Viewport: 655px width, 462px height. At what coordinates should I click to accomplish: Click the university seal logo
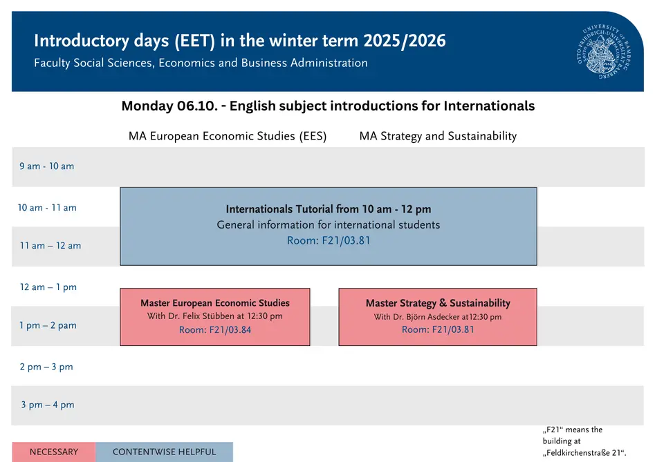pyautogui.click(x=605, y=51)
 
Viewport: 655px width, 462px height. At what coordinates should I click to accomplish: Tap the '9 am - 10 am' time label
pyautogui.click(x=47, y=166)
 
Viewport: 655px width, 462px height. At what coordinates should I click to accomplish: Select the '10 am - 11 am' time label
pyautogui.click(x=47, y=208)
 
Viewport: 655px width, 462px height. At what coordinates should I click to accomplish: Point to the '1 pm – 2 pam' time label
pyautogui.click(x=48, y=325)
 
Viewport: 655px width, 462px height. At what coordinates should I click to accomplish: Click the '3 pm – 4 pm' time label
pyautogui.click(x=48, y=405)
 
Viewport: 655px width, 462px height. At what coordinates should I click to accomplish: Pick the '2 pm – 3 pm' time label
pyautogui.click(x=46, y=367)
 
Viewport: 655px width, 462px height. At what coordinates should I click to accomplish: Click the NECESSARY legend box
pyautogui.click(x=54, y=452)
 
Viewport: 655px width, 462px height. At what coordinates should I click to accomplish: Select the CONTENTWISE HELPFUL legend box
pyautogui.click(x=164, y=452)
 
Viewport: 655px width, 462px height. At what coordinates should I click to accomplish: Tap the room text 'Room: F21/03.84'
pyautogui.click(x=215, y=330)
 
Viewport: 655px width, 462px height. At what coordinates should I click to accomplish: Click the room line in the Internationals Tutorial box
pyautogui.click(x=329, y=240)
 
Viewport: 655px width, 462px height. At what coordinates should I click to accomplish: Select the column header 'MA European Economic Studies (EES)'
pyautogui.click(x=228, y=136)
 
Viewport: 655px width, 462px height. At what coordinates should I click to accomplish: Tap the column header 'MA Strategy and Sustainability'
pyautogui.click(x=439, y=136)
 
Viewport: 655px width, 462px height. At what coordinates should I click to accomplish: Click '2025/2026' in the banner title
pyautogui.click(x=405, y=41)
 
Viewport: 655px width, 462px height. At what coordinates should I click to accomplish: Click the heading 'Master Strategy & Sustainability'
pyautogui.click(x=438, y=303)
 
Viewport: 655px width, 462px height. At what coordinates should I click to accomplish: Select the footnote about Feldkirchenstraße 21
pyautogui.click(x=584, y=441)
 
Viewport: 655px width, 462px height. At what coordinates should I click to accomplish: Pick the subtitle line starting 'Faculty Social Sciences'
pyautogui.click(x=201, y=63)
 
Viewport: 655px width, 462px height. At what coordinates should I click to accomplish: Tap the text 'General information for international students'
pyautogui.click(x=329, y=224)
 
